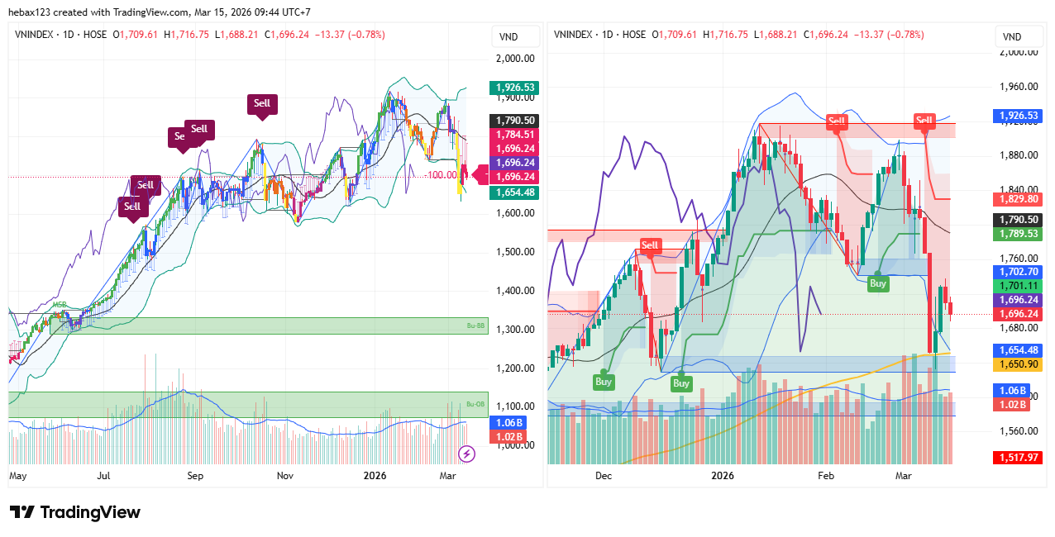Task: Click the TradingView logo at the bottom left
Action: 74,512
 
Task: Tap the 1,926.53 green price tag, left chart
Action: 513,87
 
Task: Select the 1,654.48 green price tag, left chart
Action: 513,192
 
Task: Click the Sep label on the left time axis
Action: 195,476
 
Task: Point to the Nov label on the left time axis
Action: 285,476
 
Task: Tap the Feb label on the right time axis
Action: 826,476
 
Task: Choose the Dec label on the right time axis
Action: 604,476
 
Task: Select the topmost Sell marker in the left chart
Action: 262,104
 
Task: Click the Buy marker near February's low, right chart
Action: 877,283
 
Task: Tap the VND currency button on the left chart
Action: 509,37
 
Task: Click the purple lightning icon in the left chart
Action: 466,454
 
